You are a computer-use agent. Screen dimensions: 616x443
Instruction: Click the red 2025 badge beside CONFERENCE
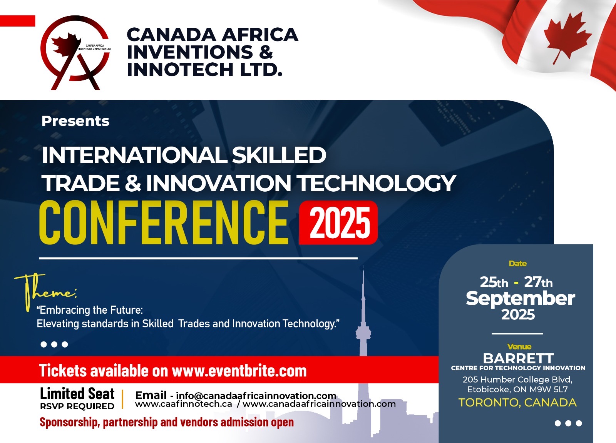click(338, 222)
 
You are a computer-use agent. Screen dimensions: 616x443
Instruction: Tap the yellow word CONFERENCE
click(164, 222)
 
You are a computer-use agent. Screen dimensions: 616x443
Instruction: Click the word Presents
click(75, 121)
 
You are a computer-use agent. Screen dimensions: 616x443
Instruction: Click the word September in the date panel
click(520, 299)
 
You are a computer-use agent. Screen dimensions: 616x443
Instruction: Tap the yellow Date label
click(517, 264)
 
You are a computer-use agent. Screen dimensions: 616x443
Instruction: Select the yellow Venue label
click(519, 346)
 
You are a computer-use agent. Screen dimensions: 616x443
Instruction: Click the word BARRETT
click(518, 358)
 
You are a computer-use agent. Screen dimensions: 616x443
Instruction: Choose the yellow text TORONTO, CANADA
click(517, 403)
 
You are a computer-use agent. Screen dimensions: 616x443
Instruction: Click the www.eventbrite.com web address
click(239, 371)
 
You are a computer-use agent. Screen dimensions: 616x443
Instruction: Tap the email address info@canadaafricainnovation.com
click(256, 396)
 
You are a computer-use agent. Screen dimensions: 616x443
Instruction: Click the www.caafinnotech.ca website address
click(183, 404)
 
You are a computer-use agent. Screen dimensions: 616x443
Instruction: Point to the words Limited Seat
click(77, 393)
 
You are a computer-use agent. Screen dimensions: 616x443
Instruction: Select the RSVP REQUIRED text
click(77, 406)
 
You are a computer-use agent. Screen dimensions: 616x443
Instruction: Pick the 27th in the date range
click(538, 282)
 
